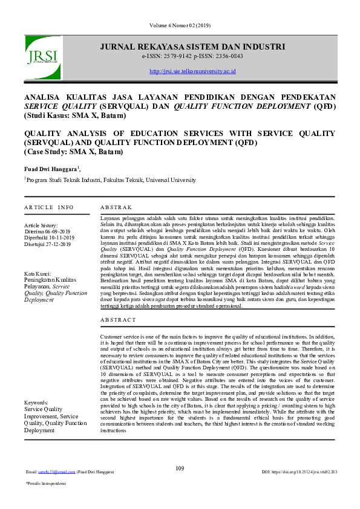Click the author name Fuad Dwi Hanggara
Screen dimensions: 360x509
(x=51, y=169)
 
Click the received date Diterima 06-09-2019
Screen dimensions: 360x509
(x=48, y=231)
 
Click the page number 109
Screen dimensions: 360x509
(x=180, y=468)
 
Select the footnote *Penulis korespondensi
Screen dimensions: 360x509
(x=45, y=484)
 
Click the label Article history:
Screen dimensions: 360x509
(x=42, y=225)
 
